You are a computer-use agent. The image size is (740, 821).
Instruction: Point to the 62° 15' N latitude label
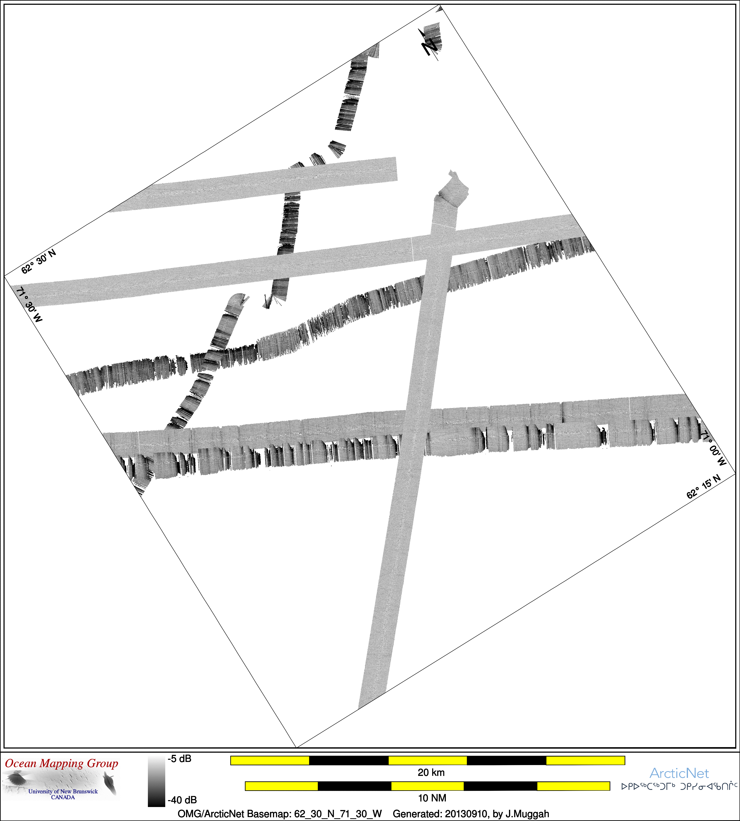[703, 486]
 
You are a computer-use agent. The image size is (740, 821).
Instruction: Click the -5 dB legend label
[179, 758]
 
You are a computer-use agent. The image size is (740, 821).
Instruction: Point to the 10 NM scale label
[432, 798]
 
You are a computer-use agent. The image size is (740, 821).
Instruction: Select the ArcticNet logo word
[679, 773]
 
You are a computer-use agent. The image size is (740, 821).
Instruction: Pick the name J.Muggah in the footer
[527, 814]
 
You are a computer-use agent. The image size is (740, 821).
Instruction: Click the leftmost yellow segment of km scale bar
[270, 760]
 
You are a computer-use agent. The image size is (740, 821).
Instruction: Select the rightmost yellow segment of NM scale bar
[573, 786]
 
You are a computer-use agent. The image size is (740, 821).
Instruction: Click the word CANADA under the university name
[63, 797]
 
